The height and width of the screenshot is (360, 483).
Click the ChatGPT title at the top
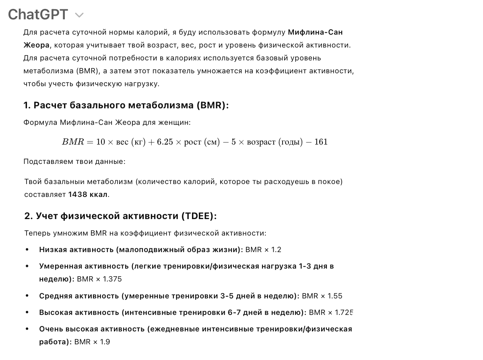click(38, 14)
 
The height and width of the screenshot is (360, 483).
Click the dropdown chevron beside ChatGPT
click(79, 15)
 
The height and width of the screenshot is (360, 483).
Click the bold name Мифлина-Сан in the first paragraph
click(315, 32)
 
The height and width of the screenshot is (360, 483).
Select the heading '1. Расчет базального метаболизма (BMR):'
click(126, 106)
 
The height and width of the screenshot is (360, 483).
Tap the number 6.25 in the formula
click(164, 142)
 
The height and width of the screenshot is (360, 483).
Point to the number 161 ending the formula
click(321, 142)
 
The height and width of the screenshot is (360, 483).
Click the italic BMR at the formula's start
click(72, 142)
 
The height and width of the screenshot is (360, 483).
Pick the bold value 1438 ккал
click(88, 194)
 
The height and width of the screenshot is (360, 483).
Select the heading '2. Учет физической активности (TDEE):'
click(120, 216)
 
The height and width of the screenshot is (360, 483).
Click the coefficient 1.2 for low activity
click(276, 250)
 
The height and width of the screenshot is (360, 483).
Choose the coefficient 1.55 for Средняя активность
click(335, 296)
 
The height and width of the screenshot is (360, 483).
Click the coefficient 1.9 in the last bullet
click(105, 342)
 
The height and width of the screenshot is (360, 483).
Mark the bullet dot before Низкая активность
click(27, 250)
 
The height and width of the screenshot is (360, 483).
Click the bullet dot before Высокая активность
click(27, 312)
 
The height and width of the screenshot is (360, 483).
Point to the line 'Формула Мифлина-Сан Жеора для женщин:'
click(107, 122)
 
